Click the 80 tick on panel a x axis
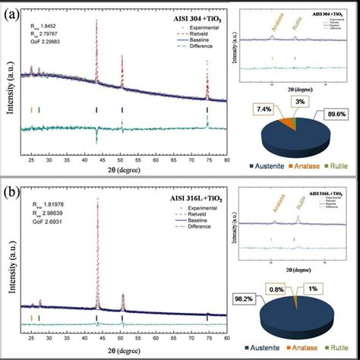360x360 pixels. point(226,162)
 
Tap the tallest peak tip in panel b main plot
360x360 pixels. point(96,200)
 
